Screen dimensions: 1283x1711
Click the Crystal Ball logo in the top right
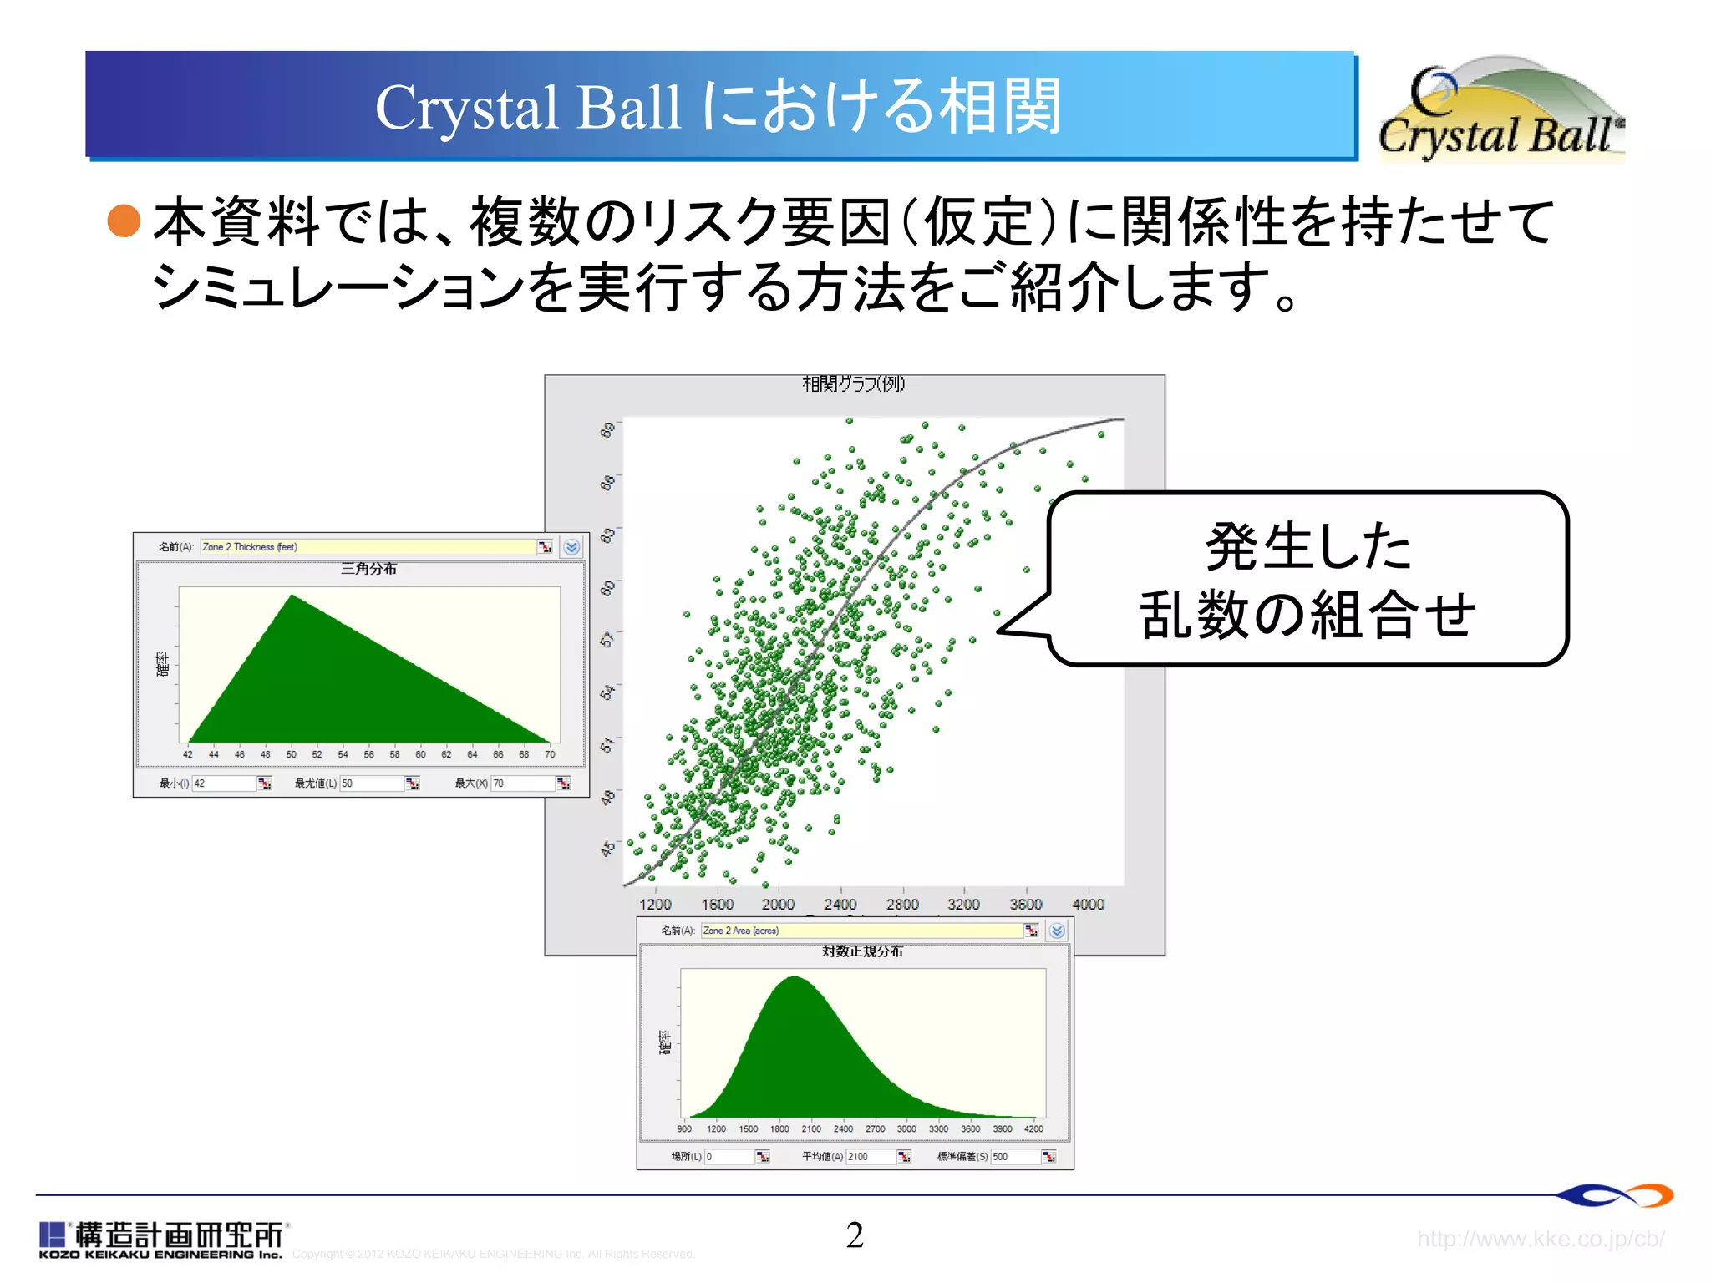point(1500,110)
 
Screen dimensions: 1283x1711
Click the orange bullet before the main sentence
point(124,221)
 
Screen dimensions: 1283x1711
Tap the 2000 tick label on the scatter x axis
point(778,905)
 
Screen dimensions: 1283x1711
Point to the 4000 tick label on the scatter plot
point(1088,905)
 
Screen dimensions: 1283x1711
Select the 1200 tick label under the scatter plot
point(655,905)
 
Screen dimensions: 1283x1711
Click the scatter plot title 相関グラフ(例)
point(853,384)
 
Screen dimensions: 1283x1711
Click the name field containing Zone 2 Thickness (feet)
point(368,547)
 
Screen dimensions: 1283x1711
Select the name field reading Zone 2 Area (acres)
point(861,931)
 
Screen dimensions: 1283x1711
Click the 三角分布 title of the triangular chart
point(368,569)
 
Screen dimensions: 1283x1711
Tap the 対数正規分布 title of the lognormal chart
point(862,951)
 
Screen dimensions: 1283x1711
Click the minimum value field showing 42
point(223,783)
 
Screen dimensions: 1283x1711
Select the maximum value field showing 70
point(522,783)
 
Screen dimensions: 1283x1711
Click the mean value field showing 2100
point(871,1157)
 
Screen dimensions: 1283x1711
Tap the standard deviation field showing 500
point(1014,1157)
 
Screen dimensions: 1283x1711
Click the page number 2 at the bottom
point(855,1235)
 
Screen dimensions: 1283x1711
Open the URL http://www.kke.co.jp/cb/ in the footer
point(1541,1239)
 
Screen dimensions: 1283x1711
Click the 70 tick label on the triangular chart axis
point(550,754)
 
